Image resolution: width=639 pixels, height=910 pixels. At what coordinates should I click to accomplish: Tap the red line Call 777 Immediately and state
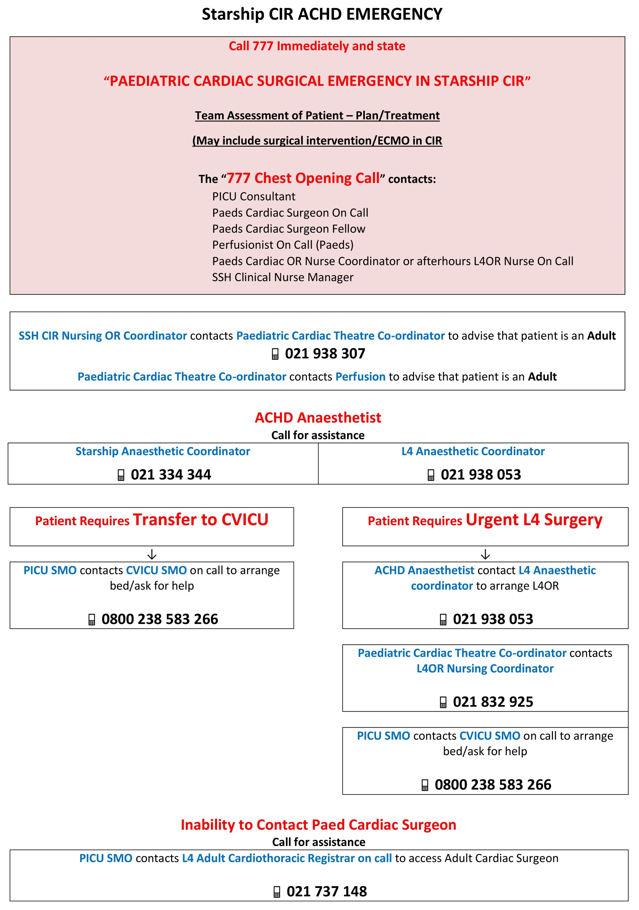coord(317,46)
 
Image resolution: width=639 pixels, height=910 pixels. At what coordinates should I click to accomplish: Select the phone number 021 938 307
coord(325,354)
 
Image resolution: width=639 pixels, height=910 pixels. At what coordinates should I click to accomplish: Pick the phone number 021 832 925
coord(493,702)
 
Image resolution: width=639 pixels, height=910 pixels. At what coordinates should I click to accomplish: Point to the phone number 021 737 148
coord(327,891)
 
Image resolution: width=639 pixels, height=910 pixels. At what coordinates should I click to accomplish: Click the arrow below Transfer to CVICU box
coord(152,554)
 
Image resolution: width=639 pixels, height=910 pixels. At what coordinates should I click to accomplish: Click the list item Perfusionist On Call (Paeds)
coord(283,245)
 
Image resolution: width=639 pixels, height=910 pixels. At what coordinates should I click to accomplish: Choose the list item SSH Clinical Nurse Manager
coord(283,277)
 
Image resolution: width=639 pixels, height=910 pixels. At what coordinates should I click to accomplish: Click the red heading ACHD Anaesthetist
coord(318,418)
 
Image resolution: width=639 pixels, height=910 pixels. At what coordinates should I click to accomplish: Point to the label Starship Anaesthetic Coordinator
coord(163,451)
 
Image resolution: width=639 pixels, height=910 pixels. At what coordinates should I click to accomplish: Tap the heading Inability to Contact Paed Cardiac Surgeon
coord(318,825)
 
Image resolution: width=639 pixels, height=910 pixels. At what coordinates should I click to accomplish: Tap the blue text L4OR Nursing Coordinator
coord(485,669)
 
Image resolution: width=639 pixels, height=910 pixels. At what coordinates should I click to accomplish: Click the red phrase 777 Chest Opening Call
coord(303,178)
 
